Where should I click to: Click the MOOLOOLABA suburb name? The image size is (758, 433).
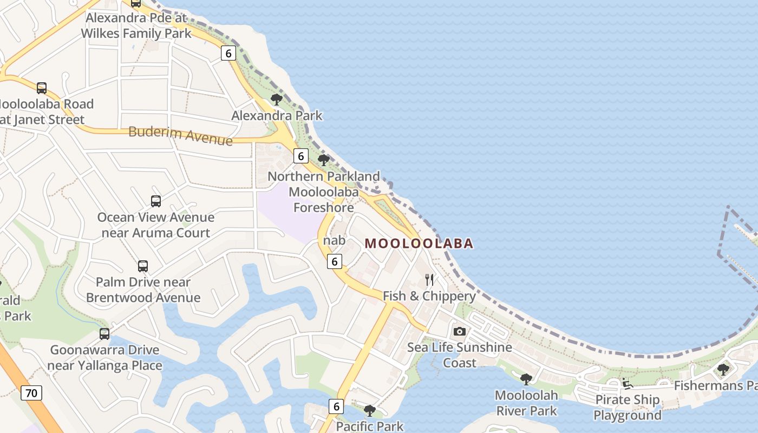[x=419, y=244]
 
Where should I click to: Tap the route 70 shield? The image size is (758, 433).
[x=31, y=393]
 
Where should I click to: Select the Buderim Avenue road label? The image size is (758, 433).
[x=180, y=135]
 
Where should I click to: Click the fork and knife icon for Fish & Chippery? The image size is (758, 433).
[x=429, y=279]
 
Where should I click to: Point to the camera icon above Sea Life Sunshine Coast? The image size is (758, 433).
[x=459, y=331]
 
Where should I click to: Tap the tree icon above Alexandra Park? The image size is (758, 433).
[x=277, y=99]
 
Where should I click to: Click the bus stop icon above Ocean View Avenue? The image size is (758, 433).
[x=156, y=201]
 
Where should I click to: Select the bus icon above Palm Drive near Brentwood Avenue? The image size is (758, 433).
[x=143, y=266]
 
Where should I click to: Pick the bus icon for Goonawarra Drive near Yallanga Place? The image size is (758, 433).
[x=104, y=334]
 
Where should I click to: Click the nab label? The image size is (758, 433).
[x=334, y=240]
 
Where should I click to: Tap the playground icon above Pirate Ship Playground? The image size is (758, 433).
[x=627, y=384]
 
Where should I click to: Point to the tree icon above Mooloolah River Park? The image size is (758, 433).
[x=526, y=379]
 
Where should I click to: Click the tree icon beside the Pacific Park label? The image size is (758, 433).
[x=370, y=410]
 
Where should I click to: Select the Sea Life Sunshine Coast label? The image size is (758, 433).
[x=459, y=355]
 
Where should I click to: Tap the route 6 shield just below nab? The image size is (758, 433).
[x=335, y=261]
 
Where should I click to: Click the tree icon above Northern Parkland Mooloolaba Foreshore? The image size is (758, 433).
[x=324, y=160]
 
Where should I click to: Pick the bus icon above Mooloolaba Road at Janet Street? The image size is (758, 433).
[x=42, y=88]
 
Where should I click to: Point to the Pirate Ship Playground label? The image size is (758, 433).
[x=627, y=408]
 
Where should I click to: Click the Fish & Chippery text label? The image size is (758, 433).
[x=429, y=296]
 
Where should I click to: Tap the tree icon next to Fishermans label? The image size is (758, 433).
[x=723, y=369]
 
